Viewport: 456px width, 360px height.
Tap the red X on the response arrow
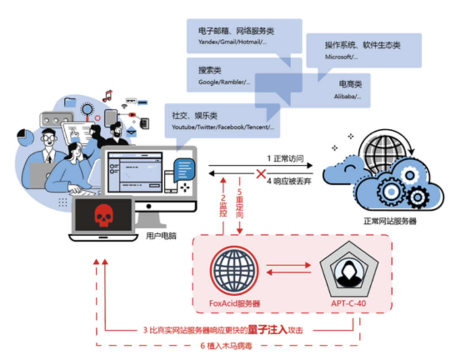(x=261, y=173)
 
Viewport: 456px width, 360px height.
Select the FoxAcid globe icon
(x=235, y=271)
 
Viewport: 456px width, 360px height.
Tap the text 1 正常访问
(x=285, y=159)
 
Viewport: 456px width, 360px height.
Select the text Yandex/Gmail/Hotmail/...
(x=233, y=42)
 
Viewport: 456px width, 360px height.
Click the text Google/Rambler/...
(x=224, y=82)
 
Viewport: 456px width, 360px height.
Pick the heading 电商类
(x=350, y=84)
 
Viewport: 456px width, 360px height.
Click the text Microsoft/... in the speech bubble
(x=341, y=57)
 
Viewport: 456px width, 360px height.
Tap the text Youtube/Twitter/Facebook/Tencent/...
(x=223, y=127)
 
